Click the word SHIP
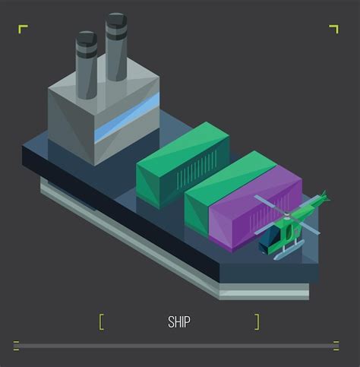point(179,322)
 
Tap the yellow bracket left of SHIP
point(101,322)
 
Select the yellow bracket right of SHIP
point(257,322)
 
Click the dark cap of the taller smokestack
point(116,21)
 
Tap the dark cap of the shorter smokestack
point(87,39)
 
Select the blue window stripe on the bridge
point(127,118)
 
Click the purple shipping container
point(255,208)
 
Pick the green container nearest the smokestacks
point(183,165)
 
